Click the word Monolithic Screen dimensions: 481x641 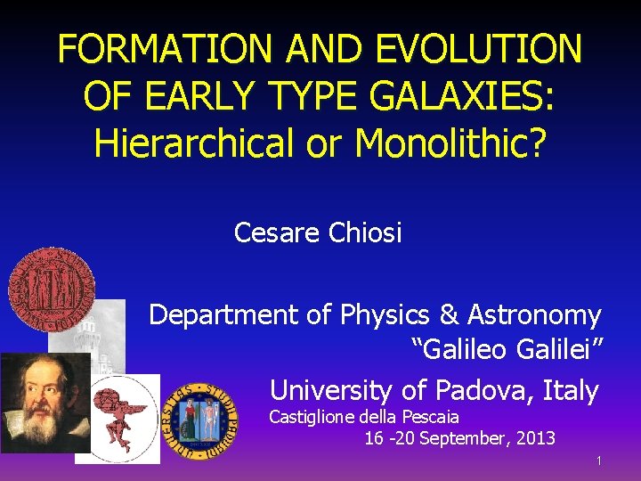(451, 142)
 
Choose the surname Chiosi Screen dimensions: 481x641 (366, 233)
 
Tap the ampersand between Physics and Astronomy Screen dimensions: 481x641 (448, 314)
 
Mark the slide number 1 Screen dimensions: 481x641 (599, 461)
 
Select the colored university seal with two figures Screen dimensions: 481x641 (199, 419)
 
